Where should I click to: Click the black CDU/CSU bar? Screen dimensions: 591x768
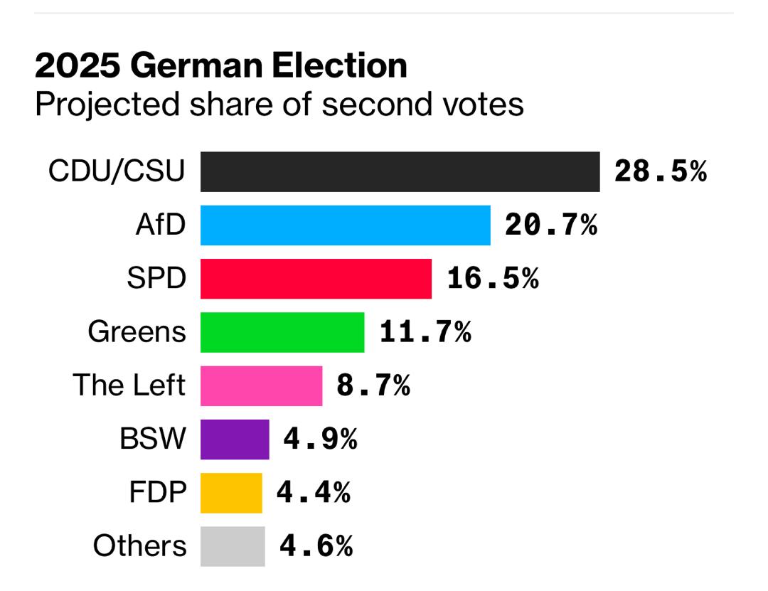click(400, 171)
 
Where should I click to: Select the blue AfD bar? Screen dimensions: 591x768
click(345, 225)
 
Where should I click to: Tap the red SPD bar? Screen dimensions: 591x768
click(316, 279)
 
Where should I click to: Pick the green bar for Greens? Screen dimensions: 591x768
click(282, 332)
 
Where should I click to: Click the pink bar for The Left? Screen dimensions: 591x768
click(261, 385)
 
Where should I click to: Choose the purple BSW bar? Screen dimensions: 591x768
click(235, 440)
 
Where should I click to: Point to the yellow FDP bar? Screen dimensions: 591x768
click(231, 493)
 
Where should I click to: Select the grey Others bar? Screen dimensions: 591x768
click(233, 546)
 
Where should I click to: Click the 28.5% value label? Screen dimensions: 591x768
click(661, 172)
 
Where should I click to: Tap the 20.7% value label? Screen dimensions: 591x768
click(551, 225)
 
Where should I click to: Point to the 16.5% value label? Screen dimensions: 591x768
click(493, 279)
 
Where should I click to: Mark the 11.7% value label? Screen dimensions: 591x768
click(425, 332)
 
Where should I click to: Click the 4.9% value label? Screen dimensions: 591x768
click(320, 440)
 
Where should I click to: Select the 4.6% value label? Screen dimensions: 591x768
click(316, 546)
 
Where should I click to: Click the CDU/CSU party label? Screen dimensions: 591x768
click(117, 172)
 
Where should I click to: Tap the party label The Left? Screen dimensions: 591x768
click(129, 385)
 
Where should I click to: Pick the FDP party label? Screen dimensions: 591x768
click(158, 493)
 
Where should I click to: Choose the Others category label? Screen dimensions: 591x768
click(139, 546)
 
